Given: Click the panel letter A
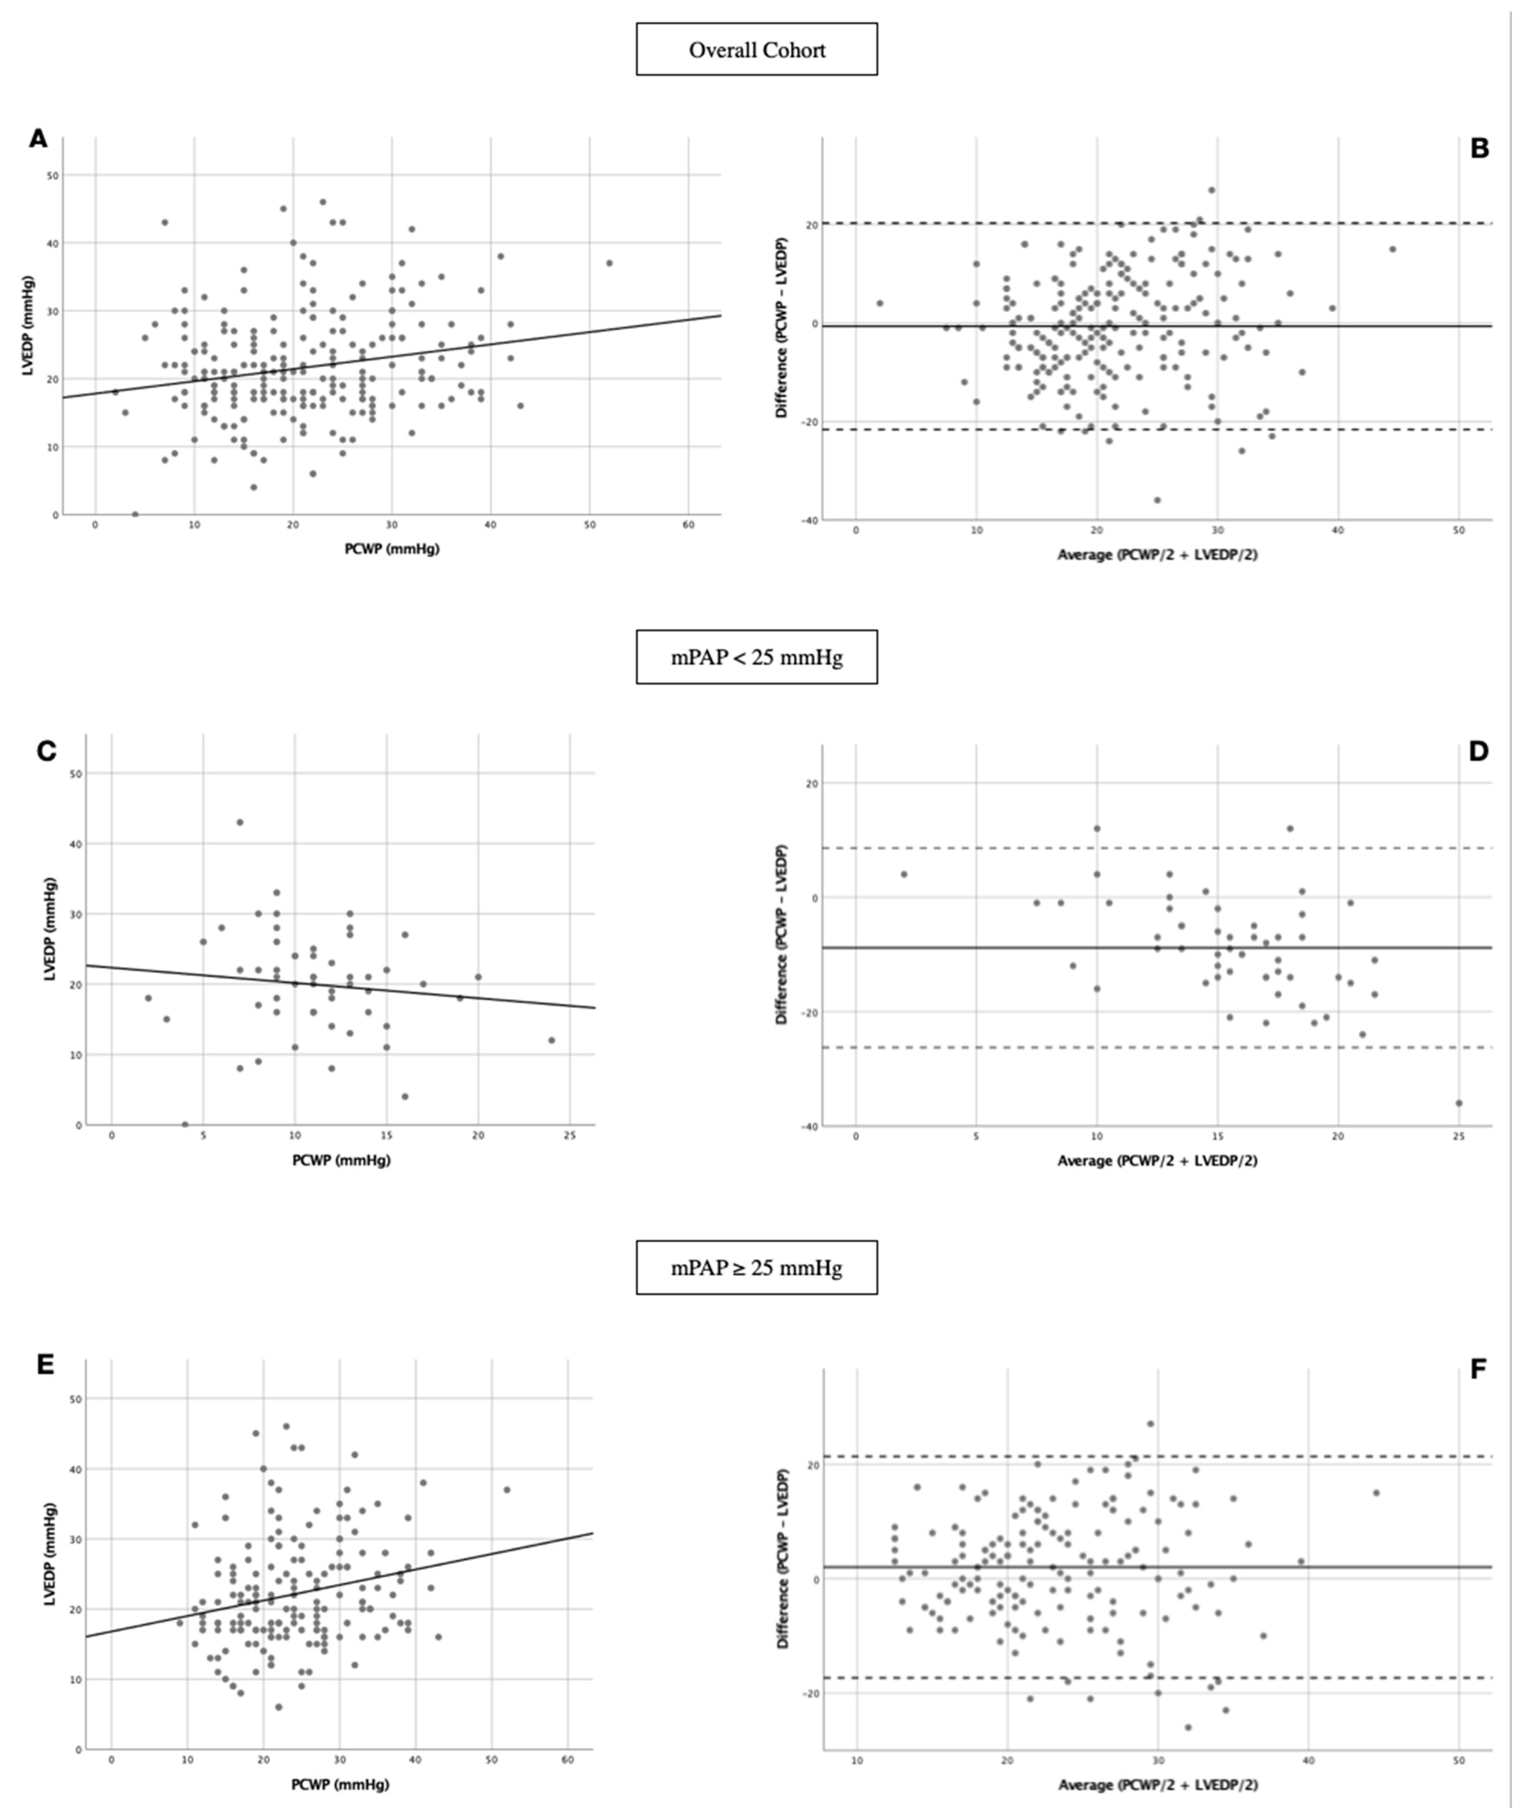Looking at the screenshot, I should tap(38, 138).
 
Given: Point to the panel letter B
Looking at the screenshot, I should tap(1479, 149).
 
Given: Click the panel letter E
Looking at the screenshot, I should tap(45, 1365).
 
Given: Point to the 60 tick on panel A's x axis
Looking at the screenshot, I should tap(688, 526).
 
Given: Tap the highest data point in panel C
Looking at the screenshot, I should tap(240, 822).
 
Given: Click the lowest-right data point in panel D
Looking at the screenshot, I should tap(1458, 1103).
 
